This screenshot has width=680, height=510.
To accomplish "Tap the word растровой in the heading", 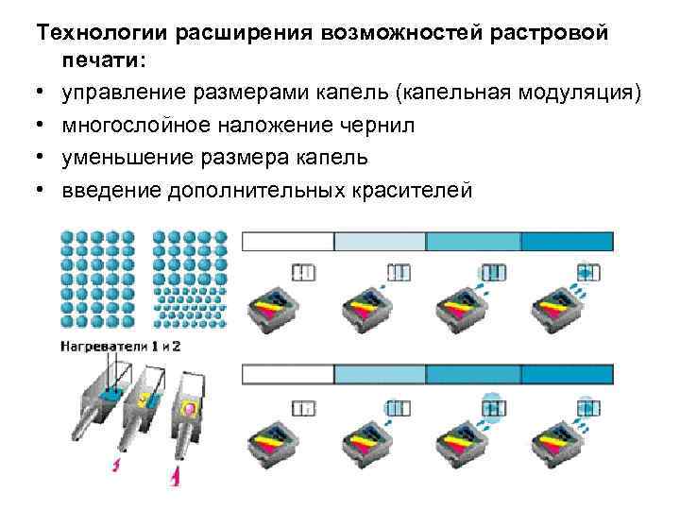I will pyautogui.click(x=556, y=33).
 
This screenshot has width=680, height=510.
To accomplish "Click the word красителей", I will pyautogui.click(x=416, y=191).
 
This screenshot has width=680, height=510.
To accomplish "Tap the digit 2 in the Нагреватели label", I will pyautogui.click(x=177, y=347).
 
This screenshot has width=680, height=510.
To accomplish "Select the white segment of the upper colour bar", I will pyautogui.click(x=289, y=241).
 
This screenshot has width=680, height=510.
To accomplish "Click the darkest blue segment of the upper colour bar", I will pyautogui.click(x=567, y=241).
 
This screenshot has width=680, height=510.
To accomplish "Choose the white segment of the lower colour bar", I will pyautogui.click(x=289, y=375).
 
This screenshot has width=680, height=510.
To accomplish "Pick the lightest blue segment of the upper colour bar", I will pyautogui.click(x=382, y=241).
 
